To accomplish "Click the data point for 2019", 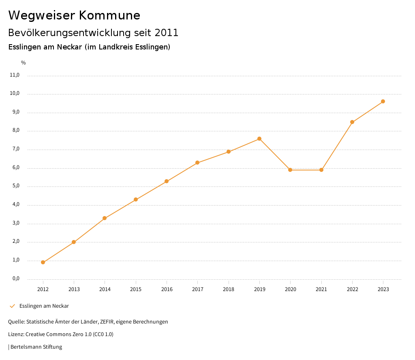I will [259, 139].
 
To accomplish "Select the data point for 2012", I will [43, 262].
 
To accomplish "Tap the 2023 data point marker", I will [383, 101].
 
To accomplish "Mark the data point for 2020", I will [290, 170].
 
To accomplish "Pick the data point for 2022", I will [352, 122].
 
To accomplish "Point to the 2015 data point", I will [136, 199].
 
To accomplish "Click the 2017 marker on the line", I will [197, 163].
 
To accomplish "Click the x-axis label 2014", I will [105, 289].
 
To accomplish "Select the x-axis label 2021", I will [321, 289].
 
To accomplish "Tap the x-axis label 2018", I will [229, 289].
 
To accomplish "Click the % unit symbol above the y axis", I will [24, 63].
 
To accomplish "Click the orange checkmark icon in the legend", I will [12, 306].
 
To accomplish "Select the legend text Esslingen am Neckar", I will [44, 306].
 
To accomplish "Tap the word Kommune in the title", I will [109, 15].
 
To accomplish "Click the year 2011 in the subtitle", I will [167, 33].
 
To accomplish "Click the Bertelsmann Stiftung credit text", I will [36, 347].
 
